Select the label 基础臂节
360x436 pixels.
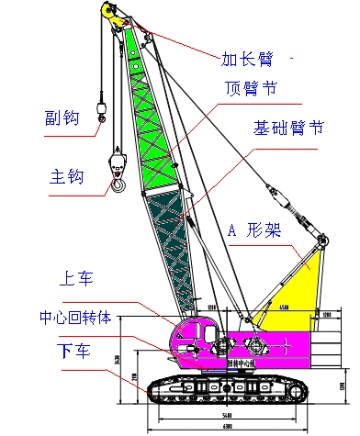tap(287, 129)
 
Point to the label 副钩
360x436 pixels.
tap(59, 117)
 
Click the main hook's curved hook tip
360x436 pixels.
tap(118, 189)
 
